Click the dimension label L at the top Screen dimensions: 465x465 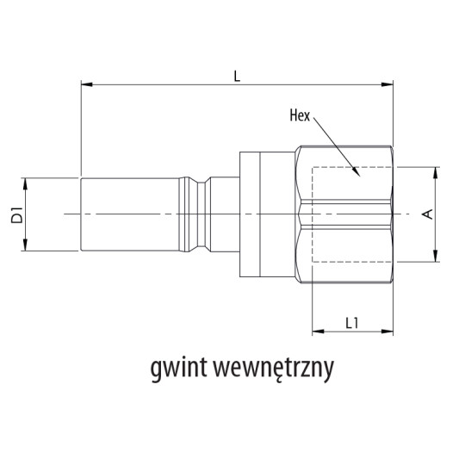pos(237,77)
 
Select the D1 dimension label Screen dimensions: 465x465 pos(16,215)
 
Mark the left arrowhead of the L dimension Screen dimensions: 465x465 pos(84,84)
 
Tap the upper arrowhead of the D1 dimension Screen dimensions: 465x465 pos(28,182)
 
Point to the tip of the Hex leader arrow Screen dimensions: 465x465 pos(356,176)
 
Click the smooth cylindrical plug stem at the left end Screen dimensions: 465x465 pos(129,214)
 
